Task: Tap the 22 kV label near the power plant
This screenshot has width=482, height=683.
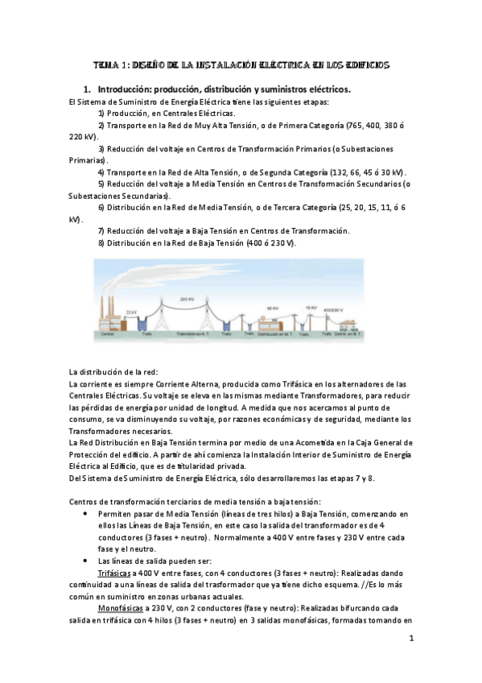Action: coord(131,311)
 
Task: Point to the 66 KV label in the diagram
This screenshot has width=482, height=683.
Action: coord(273,308)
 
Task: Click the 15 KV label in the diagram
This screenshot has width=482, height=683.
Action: coord(311,307)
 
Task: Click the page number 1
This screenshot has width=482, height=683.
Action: coord(410,640)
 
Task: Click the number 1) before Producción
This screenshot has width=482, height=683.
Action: coord(102,114)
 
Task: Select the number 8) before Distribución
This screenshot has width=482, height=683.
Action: coord(102,242)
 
